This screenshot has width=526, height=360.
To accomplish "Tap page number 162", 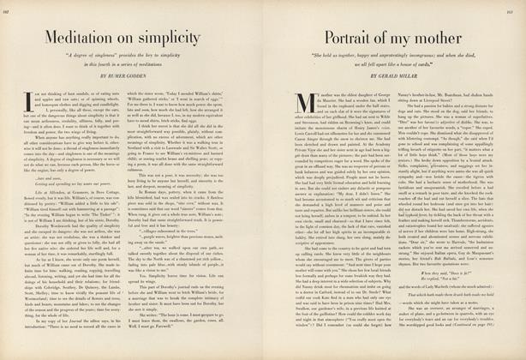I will point(12,10).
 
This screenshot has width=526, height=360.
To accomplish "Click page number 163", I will point(514,10).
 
